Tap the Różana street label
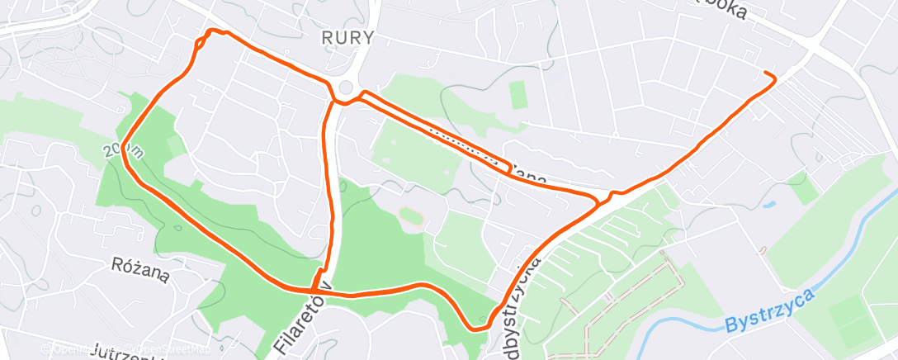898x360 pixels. pyautogui.click(x=140, y=268)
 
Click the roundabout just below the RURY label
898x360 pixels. pyautogui.click(x=346, y=88)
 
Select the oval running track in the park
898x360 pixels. pyautogui.click(x=411, y=217)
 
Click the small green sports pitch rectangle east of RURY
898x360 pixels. pyautogui.click(x=518, y=95)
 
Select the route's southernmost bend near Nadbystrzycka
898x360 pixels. pyautogui.click(x=475, y=329)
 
